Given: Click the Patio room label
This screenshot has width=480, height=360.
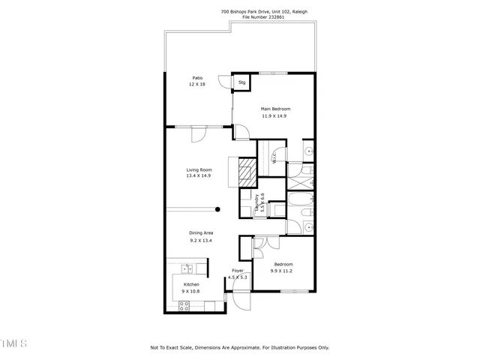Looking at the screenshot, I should (197, 77).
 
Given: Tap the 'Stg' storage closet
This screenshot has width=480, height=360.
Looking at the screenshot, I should (242, 82).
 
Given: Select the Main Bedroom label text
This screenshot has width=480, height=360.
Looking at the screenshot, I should (274, 109).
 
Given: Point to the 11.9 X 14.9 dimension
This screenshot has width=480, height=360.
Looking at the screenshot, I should (274, 116).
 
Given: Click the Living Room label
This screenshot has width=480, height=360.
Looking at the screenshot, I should (199, 169).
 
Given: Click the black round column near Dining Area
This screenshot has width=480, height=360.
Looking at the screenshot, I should (217, 210).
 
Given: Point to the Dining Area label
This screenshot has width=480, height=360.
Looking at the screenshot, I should (201, 233).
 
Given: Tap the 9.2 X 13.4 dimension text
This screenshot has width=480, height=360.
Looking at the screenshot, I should (201, 241).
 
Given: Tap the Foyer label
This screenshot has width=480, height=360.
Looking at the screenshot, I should (238, 270).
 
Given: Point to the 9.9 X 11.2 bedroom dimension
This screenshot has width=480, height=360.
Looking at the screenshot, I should (283, 271).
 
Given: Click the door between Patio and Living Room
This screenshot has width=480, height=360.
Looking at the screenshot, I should (199, 134).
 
